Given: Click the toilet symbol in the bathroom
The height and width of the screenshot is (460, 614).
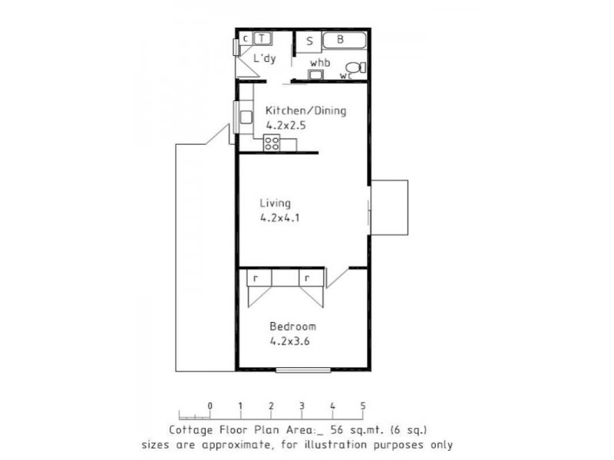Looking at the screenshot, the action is pyautogui.click(x=356, y=67).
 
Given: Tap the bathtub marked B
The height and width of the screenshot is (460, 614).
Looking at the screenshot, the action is pyautogui.click(x=344, y=40).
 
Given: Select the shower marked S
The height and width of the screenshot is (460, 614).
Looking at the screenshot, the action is pyautogui.click(x=309, y=42).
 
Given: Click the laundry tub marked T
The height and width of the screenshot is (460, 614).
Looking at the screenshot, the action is pyautogui.click(x=262, y=39).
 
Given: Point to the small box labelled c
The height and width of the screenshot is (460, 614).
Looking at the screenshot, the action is pyautogui.click(x=246, y=39).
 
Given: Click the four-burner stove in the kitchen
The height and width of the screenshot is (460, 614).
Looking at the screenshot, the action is pyautogui.click(x=272, y=143).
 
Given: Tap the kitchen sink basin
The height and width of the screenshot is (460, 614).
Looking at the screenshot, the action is pyautogui.click(x=246, y=117).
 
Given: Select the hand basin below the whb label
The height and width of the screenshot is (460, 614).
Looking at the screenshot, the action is pyautogui.click(x=315, y=74).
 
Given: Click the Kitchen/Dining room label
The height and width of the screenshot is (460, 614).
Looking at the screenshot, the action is pyautogui.click(x=305, y=110).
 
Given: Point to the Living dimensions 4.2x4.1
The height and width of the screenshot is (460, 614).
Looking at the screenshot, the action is pyautogui.click(x=279, y=218).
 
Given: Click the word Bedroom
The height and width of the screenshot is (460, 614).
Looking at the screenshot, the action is pyautogui.click(x=293, y=327).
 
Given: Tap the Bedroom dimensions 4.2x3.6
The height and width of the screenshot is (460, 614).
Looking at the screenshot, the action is pyautogui.click(x=290, y=341).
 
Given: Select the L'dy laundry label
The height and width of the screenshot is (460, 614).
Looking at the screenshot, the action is pyautogui.click(x=265, y=58).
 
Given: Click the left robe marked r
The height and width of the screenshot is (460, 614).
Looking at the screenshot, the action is pyautogui.click(x=259, y=278).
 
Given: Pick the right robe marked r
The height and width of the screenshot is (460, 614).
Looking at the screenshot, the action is pyautogui.click(x=312, y=278).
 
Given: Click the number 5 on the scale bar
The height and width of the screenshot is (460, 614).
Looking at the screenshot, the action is pyautogui.click(x=363, y=406).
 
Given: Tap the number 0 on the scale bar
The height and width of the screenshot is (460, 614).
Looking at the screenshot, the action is pyautogui.click(x=210, y=406).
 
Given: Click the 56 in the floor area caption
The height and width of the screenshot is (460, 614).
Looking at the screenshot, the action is pyautogui.click(x=337, y=430).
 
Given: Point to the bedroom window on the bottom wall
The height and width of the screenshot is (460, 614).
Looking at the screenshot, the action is pyautogui.click(x=303, y=370).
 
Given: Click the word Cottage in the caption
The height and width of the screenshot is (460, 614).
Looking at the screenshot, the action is pyautogui.click(x=191, y=430).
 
